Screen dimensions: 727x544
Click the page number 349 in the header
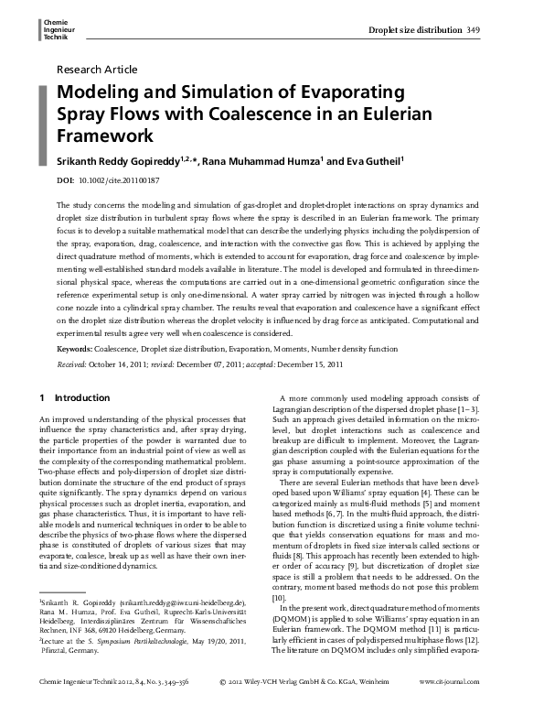tap(473, 29)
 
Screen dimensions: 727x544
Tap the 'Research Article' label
tap(97, 70)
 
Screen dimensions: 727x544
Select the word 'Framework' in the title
tap(103, 136)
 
